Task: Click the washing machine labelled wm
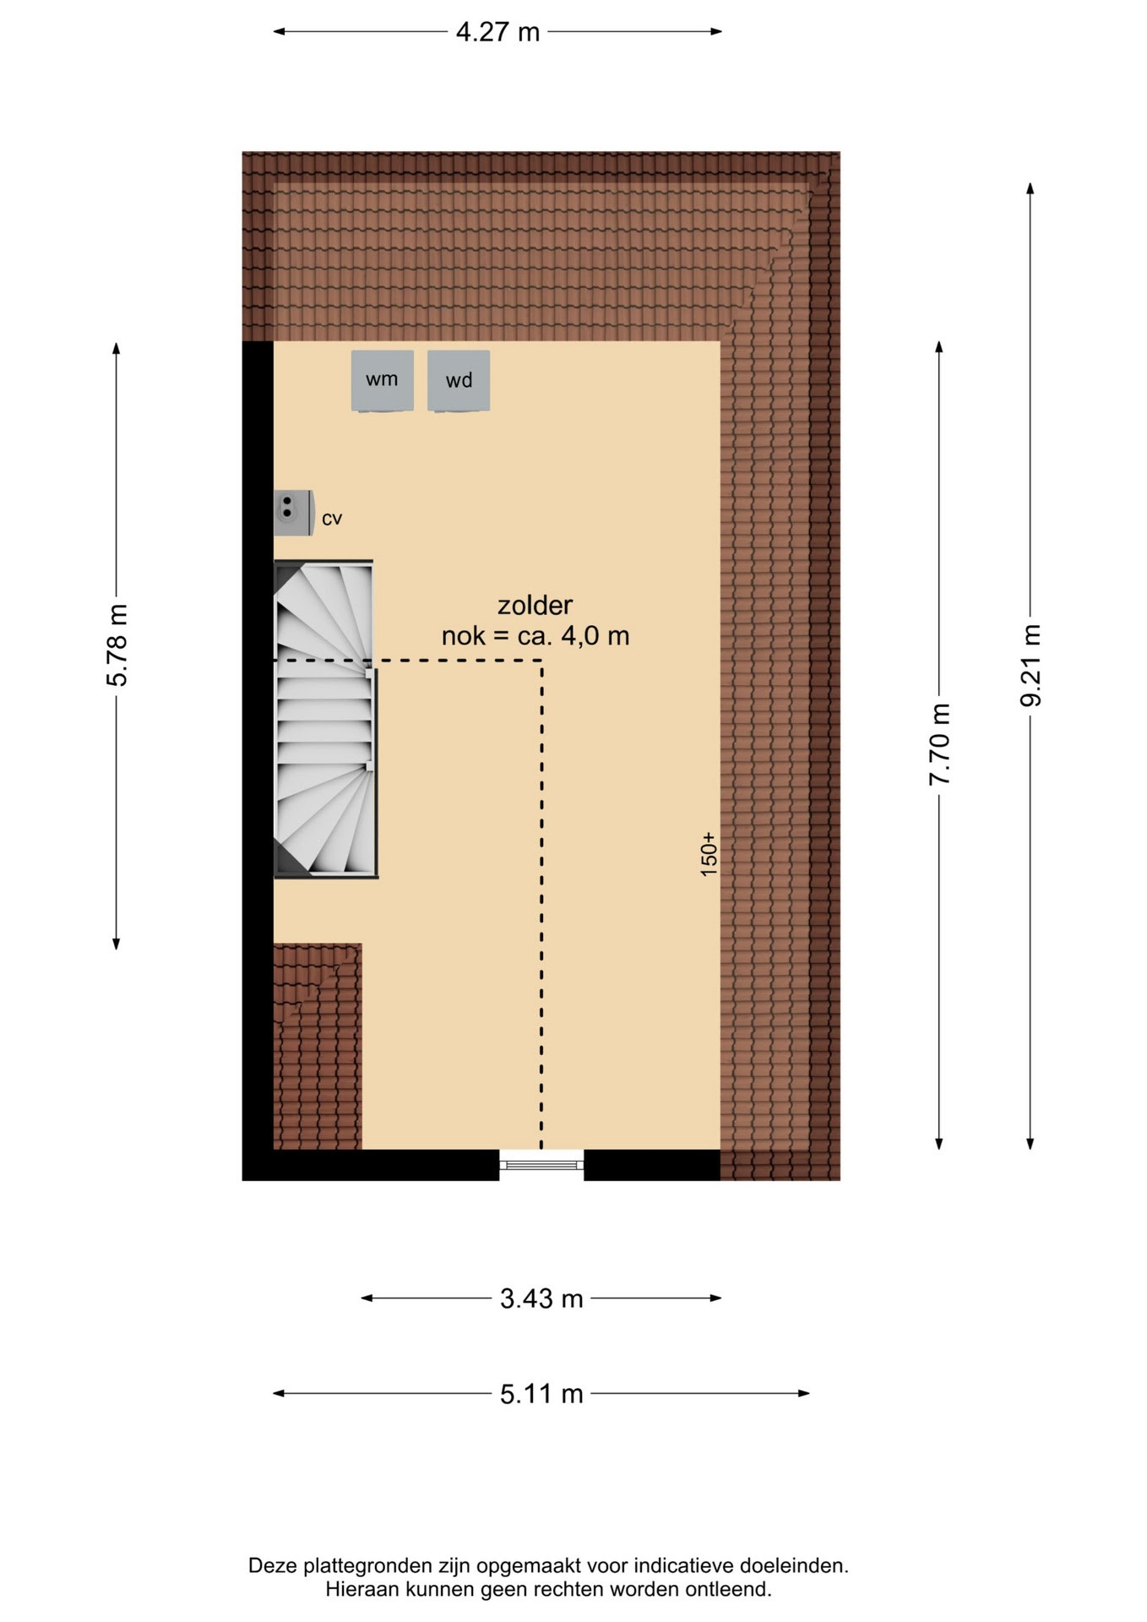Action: (x=382, y=381)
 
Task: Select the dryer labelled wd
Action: (x=459, y=381)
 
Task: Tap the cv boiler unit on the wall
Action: (x=293, y=513)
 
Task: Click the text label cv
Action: (x=332, y=519)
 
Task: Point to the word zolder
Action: (x=535, y=605)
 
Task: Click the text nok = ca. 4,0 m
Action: (x=535, y=635)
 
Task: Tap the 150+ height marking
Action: (x=709, y=853)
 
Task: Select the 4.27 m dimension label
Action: (x=497, y=32)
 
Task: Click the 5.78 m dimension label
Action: (x=117, y=645)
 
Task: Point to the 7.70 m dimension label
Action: (x=939, y=744)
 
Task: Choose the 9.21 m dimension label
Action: (x=1030, y=666)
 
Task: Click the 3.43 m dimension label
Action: (x=541, y=1298)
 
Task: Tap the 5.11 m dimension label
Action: (x=541, y=1393)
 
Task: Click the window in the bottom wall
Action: (x=541, y=1165)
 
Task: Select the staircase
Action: (x=325, y=719)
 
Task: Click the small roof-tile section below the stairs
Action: (x=318, y=1047)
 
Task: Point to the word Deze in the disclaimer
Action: (x=273, y=1565)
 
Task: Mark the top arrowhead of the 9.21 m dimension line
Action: (x=1030, y=188)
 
